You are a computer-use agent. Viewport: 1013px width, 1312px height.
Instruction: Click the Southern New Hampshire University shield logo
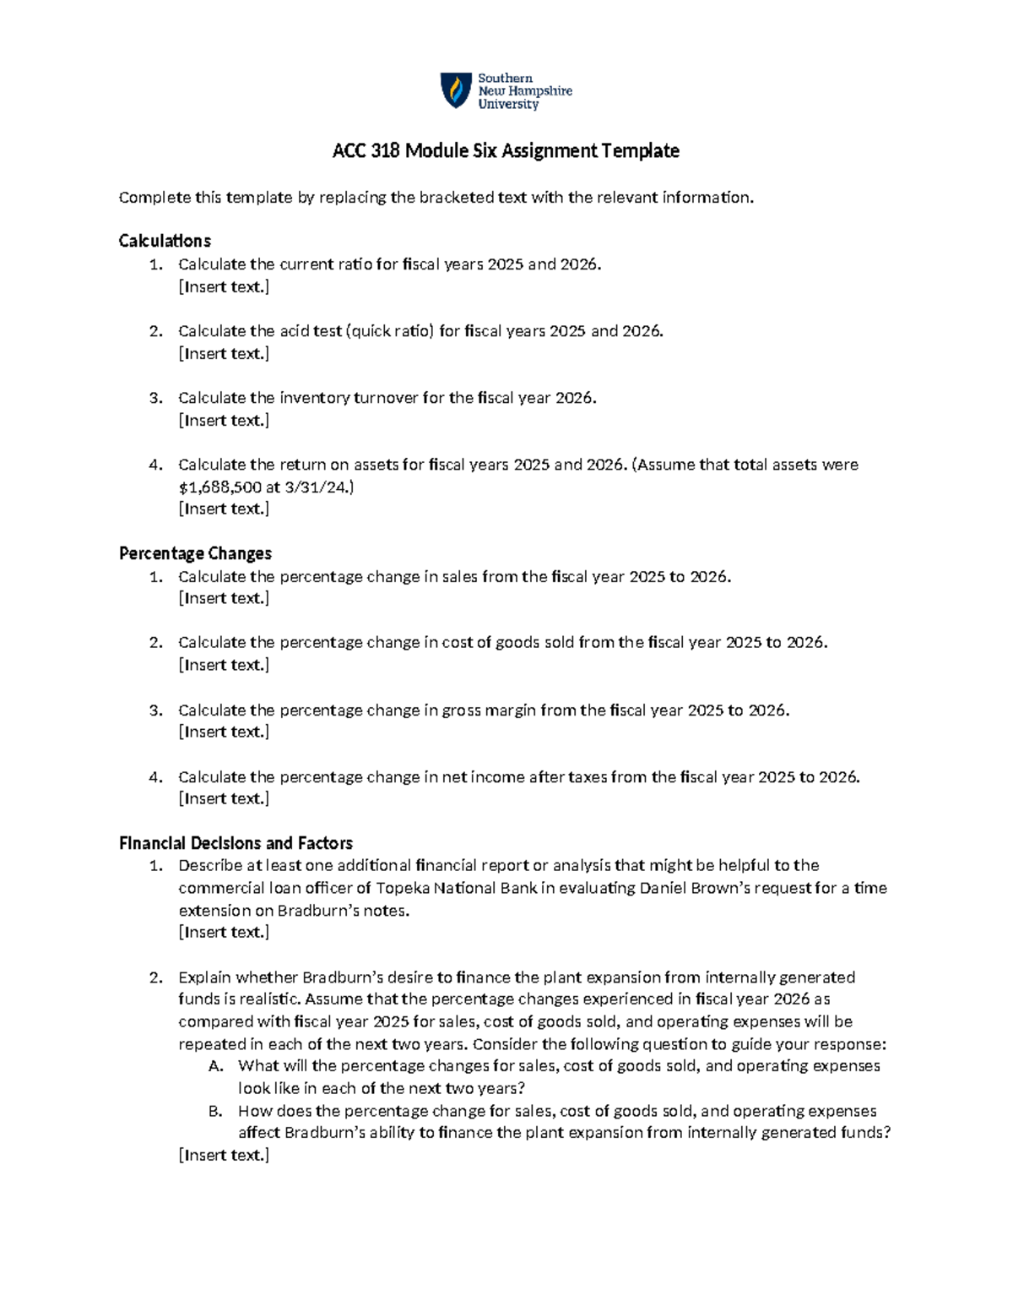click(456, 90)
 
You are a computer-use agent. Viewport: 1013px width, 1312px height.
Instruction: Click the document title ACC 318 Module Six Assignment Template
click(506, 151)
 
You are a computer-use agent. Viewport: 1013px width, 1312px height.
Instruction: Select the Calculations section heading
click(165, 241)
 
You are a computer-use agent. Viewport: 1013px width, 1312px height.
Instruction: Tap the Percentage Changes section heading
click(195, 553)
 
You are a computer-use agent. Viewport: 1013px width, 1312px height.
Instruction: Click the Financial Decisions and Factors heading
click(236, 843)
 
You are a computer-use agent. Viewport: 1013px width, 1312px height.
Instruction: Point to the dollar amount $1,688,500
click(219, 487)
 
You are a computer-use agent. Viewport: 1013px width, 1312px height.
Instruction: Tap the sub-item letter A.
click(214, 1066)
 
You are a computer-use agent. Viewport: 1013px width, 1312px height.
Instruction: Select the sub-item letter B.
click(214, 1111)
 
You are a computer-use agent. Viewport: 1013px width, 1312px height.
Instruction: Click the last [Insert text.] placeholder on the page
click(224, 1155)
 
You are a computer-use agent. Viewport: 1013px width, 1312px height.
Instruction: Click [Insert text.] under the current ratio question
click(224, 287)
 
